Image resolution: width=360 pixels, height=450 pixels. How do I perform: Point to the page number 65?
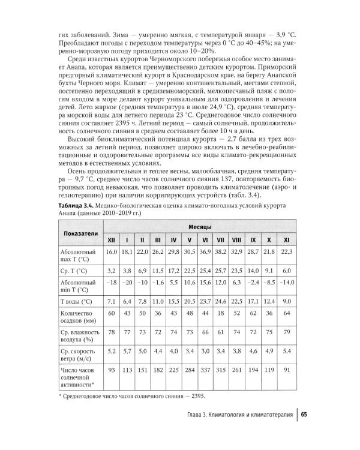304,415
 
